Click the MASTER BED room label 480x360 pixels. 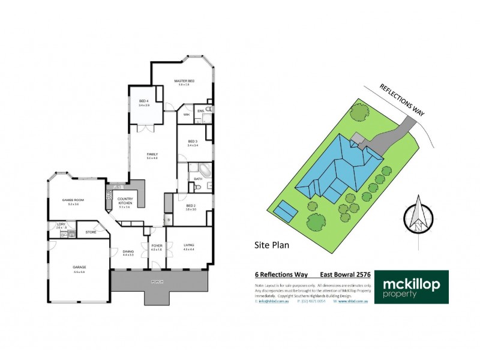coord(184,80)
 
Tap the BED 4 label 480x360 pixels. coord(144,101)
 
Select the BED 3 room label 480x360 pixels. coord(192,141)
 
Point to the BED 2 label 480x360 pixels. coord(191,206)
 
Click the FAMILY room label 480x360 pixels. coord(152,154)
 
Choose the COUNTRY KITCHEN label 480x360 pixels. coord(125,199)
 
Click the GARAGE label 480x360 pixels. coord(79,268)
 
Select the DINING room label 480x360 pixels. coord(128,252)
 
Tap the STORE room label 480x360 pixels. coord(91,232)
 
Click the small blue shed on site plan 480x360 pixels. coord(285,210)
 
